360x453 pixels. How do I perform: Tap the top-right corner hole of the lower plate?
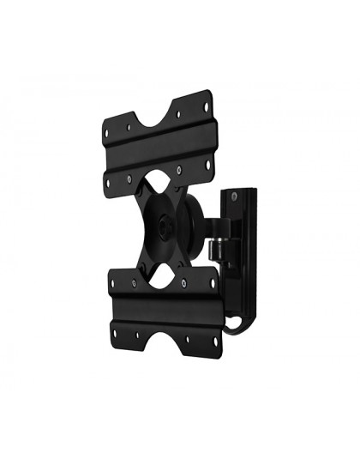212,282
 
